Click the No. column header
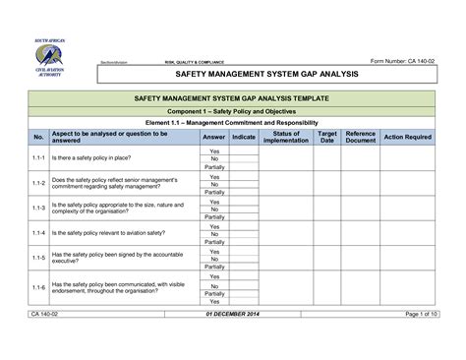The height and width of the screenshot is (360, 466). click(x=38, y=137)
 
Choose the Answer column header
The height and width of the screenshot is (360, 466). click(x=214, y=137)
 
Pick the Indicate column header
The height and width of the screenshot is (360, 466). click(x=245, y=137)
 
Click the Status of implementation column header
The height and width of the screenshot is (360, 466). click(x=286, y=137)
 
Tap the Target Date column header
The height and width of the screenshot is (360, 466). click(x=327, y=137)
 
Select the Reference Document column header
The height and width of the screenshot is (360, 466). click(x=361, y=137)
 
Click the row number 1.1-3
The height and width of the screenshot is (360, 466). click(x=38, y=209)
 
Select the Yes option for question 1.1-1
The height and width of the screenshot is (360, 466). click(x=214, y=150)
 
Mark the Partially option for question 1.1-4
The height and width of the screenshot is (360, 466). click(x=214, y=242)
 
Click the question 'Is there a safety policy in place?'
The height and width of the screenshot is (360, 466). click(x=94, y=158)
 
